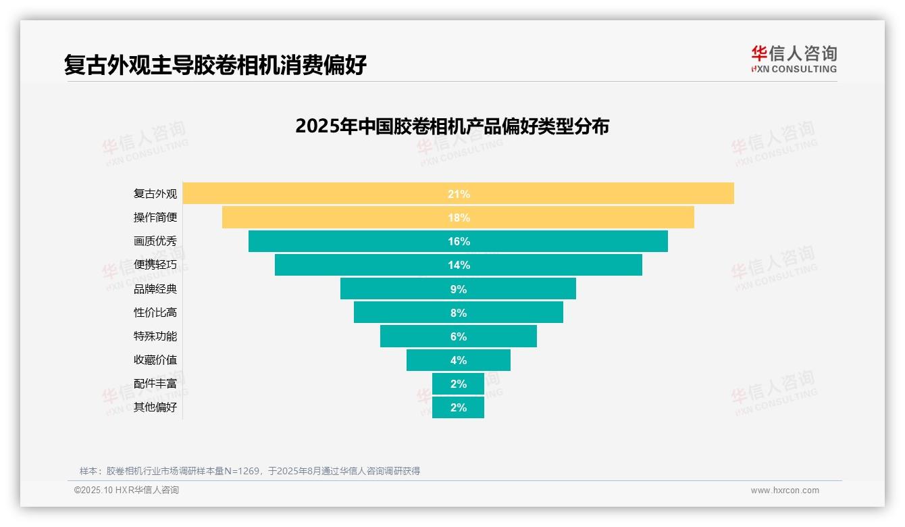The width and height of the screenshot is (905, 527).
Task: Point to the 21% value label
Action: pyautogui.click(x=459, y=194)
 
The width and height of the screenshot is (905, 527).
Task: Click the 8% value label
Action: pyautogui.click(x=459, y=313)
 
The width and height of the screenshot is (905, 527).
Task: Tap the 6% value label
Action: pyautogui.click(x=459, y=336)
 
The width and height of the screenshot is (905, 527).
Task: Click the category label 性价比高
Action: pyautogui.click(x=155, y=313)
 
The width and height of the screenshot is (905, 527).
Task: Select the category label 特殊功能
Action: pyautogui.click(x=155, y=336)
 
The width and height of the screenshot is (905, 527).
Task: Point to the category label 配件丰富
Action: pyautogui.click(x=155, y=384)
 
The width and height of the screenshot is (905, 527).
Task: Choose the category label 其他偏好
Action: pyautogui.click(x=155, y=407)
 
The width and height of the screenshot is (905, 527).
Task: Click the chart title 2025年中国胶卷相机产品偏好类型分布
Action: pyautogui.click(x=452, y=126)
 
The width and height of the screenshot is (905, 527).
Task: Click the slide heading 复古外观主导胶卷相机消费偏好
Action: pyautogui.click(x=215, y=66)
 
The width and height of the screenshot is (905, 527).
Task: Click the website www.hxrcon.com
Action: pyautogui.click(x=785, y=491)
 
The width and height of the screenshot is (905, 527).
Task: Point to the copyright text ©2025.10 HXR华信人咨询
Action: pyautogui.click(x=126, y=491)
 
